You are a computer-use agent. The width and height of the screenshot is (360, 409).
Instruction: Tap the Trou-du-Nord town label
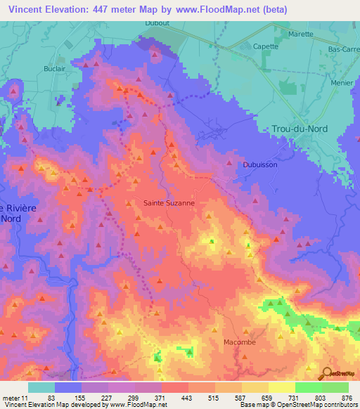(x=304, y=129)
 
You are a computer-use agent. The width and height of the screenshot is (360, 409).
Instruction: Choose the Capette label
(x=266, y=47)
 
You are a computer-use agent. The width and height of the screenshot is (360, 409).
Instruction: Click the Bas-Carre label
(x=344, y=50)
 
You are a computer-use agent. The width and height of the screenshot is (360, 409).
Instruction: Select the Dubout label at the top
(x=156, y=22)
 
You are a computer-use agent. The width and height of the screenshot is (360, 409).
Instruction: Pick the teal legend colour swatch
(x=41, y=387)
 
